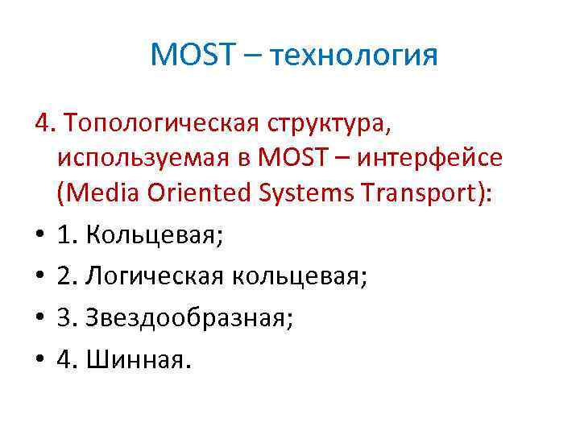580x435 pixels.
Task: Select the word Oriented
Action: (183, 196)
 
